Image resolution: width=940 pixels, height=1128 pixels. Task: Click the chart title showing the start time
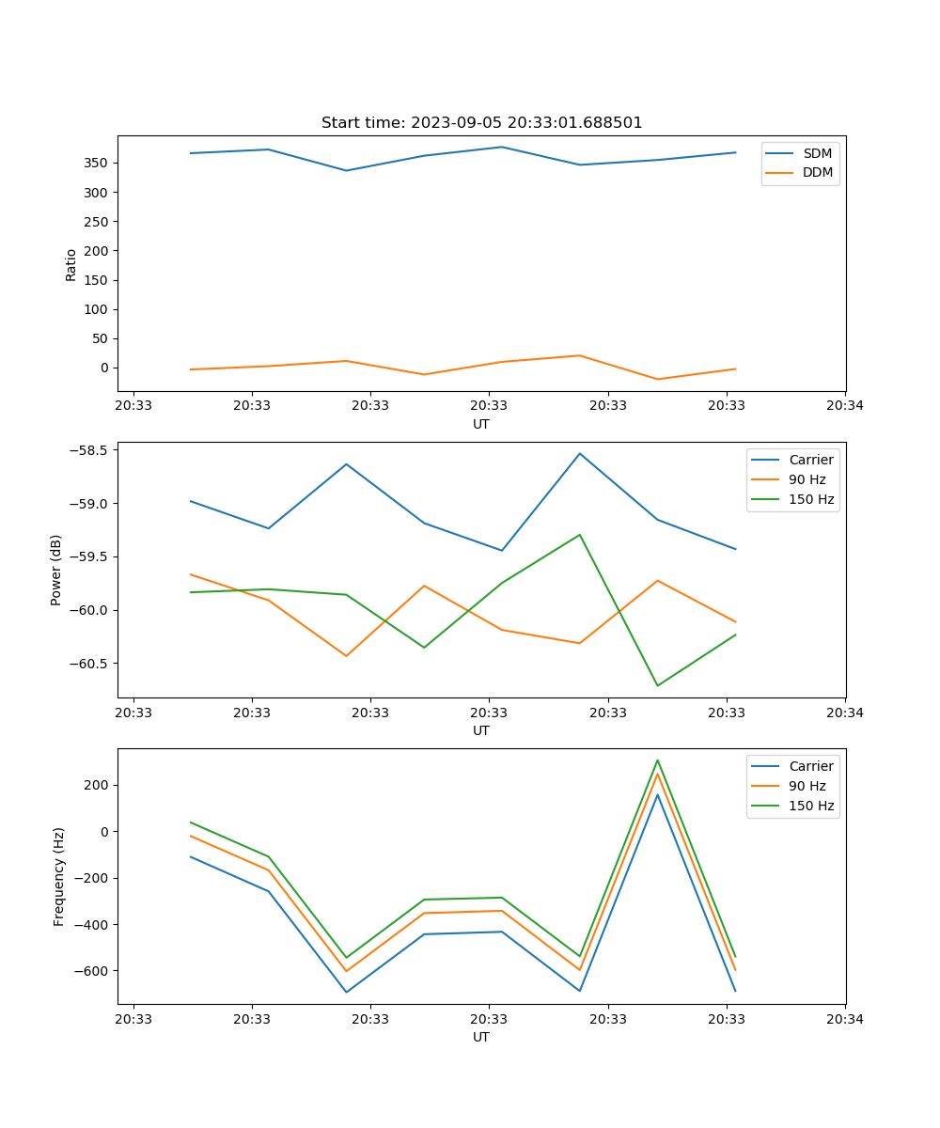481,123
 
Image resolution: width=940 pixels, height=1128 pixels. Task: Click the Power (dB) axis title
56,570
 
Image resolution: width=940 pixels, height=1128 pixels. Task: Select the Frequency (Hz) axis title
59,876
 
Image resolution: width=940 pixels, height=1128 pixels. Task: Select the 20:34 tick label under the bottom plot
844,1018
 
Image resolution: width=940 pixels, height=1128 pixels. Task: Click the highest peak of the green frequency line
657,760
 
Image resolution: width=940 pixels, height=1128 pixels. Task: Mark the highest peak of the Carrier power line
580,453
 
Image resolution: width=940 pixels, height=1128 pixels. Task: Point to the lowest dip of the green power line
657,685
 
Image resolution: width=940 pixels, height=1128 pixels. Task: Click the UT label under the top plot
481,424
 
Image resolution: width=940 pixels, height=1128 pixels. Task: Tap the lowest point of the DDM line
657,379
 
